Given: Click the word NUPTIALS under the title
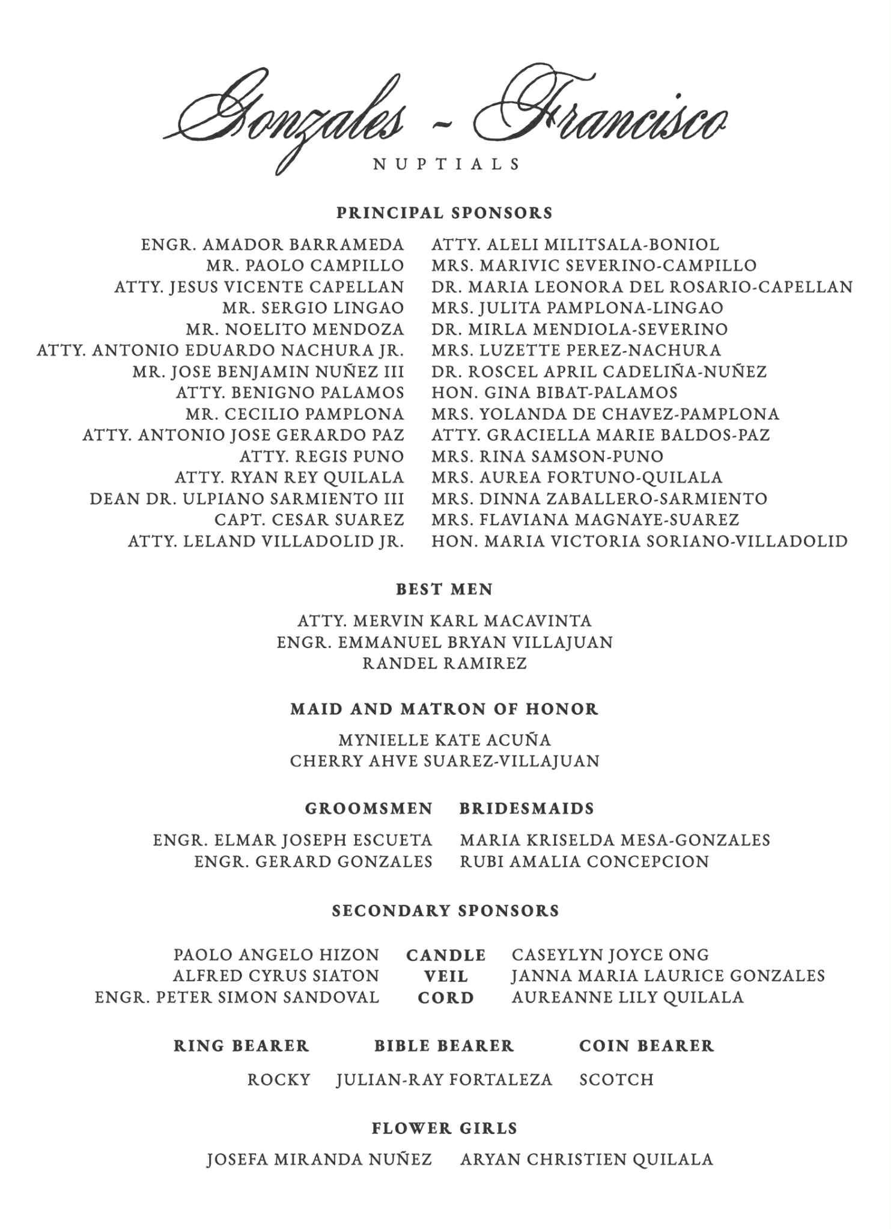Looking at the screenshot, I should (446, 164).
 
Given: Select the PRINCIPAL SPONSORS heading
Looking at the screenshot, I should (445, 213).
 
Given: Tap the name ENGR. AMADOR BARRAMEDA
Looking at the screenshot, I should (273, 245).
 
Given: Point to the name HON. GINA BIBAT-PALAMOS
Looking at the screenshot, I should (555, 393).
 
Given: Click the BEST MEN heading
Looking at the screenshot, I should (445, 590).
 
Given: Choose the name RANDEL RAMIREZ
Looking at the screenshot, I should (445, 664).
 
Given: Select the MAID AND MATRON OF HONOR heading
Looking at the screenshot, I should (445, 709).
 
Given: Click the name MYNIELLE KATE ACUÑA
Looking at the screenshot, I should (445, 740).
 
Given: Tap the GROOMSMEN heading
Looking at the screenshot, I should (369, 809).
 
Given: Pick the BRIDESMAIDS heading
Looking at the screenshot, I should (527, 809).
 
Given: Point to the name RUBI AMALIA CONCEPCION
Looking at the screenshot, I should (585, 862).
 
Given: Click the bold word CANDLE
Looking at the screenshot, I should (446, 956).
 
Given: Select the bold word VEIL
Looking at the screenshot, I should (446, 977).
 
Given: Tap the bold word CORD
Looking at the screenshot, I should (446, 998).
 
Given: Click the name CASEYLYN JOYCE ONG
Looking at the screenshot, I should (610, 955).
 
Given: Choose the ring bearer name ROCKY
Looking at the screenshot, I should (279, 1080).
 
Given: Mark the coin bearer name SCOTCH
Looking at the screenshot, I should (616, 1080).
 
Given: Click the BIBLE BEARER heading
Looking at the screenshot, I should (445, 1046).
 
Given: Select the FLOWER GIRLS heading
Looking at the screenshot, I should (445, 1129).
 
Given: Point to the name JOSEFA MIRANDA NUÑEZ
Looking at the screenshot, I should (320, 1160).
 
